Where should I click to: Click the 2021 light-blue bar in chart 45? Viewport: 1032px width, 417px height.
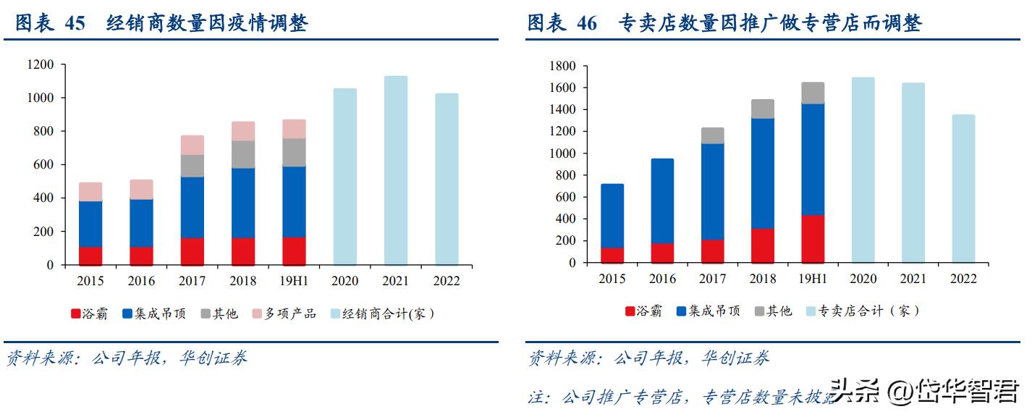point(396,170)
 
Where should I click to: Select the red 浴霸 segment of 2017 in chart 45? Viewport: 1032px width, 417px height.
point(193,251)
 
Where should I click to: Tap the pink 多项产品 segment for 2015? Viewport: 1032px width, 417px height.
point(90,191)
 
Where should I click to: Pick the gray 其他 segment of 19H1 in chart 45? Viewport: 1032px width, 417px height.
point(294,152)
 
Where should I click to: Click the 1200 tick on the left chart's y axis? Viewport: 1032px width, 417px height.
point(41,64)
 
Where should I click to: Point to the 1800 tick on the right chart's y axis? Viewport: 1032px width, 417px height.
point(562,66)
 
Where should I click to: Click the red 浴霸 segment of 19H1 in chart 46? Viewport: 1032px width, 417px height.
point(813,239)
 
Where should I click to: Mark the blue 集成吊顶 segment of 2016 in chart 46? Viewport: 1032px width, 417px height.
point(662,201)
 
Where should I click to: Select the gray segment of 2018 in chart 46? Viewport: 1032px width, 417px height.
point(763,109)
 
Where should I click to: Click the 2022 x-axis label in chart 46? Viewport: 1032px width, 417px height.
point(963,279)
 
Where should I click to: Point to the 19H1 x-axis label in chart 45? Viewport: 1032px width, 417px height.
point(294,281)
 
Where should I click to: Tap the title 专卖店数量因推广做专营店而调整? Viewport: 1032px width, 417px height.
point(771,23)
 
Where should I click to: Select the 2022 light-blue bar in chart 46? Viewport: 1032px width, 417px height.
point(963,188)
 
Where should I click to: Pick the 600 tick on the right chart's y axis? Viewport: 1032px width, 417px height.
point(564,197)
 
